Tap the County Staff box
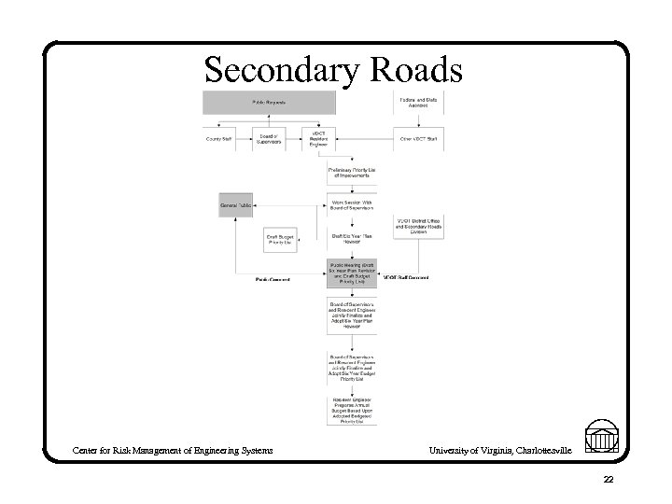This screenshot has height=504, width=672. pos(220,138)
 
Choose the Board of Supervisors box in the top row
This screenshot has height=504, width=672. pos(268,138)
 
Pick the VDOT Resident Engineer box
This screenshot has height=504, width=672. pos(319,137)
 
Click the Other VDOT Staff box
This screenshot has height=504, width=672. pos(418,138)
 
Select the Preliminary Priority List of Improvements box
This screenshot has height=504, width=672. pos(351,173)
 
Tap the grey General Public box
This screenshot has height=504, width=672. pos(236,204)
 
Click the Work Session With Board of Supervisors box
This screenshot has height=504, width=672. pos(351,205)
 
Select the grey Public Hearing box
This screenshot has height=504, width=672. pos(351,273)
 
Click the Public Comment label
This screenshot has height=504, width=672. pos(273,279)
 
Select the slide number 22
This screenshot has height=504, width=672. pos(608,480)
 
